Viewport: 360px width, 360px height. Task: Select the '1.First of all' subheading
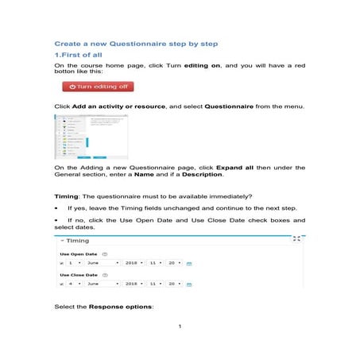tap(78, 55)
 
